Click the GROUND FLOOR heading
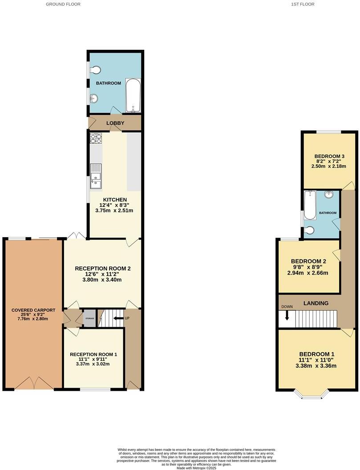click(63, 4)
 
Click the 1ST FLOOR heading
click(303, 4)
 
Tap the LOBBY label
click(115, 123)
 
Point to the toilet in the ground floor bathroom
click(96, 70)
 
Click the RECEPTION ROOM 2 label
click(102, 268)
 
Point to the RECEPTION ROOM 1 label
click(93, 354)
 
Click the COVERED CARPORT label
click(33, 310)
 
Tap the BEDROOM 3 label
click(329, 156)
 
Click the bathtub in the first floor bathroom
click(310, 205)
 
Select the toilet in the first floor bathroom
click(310, 230)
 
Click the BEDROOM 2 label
click(309, 261)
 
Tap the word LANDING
click(316, 303)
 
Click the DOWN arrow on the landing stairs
click(287, 315)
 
